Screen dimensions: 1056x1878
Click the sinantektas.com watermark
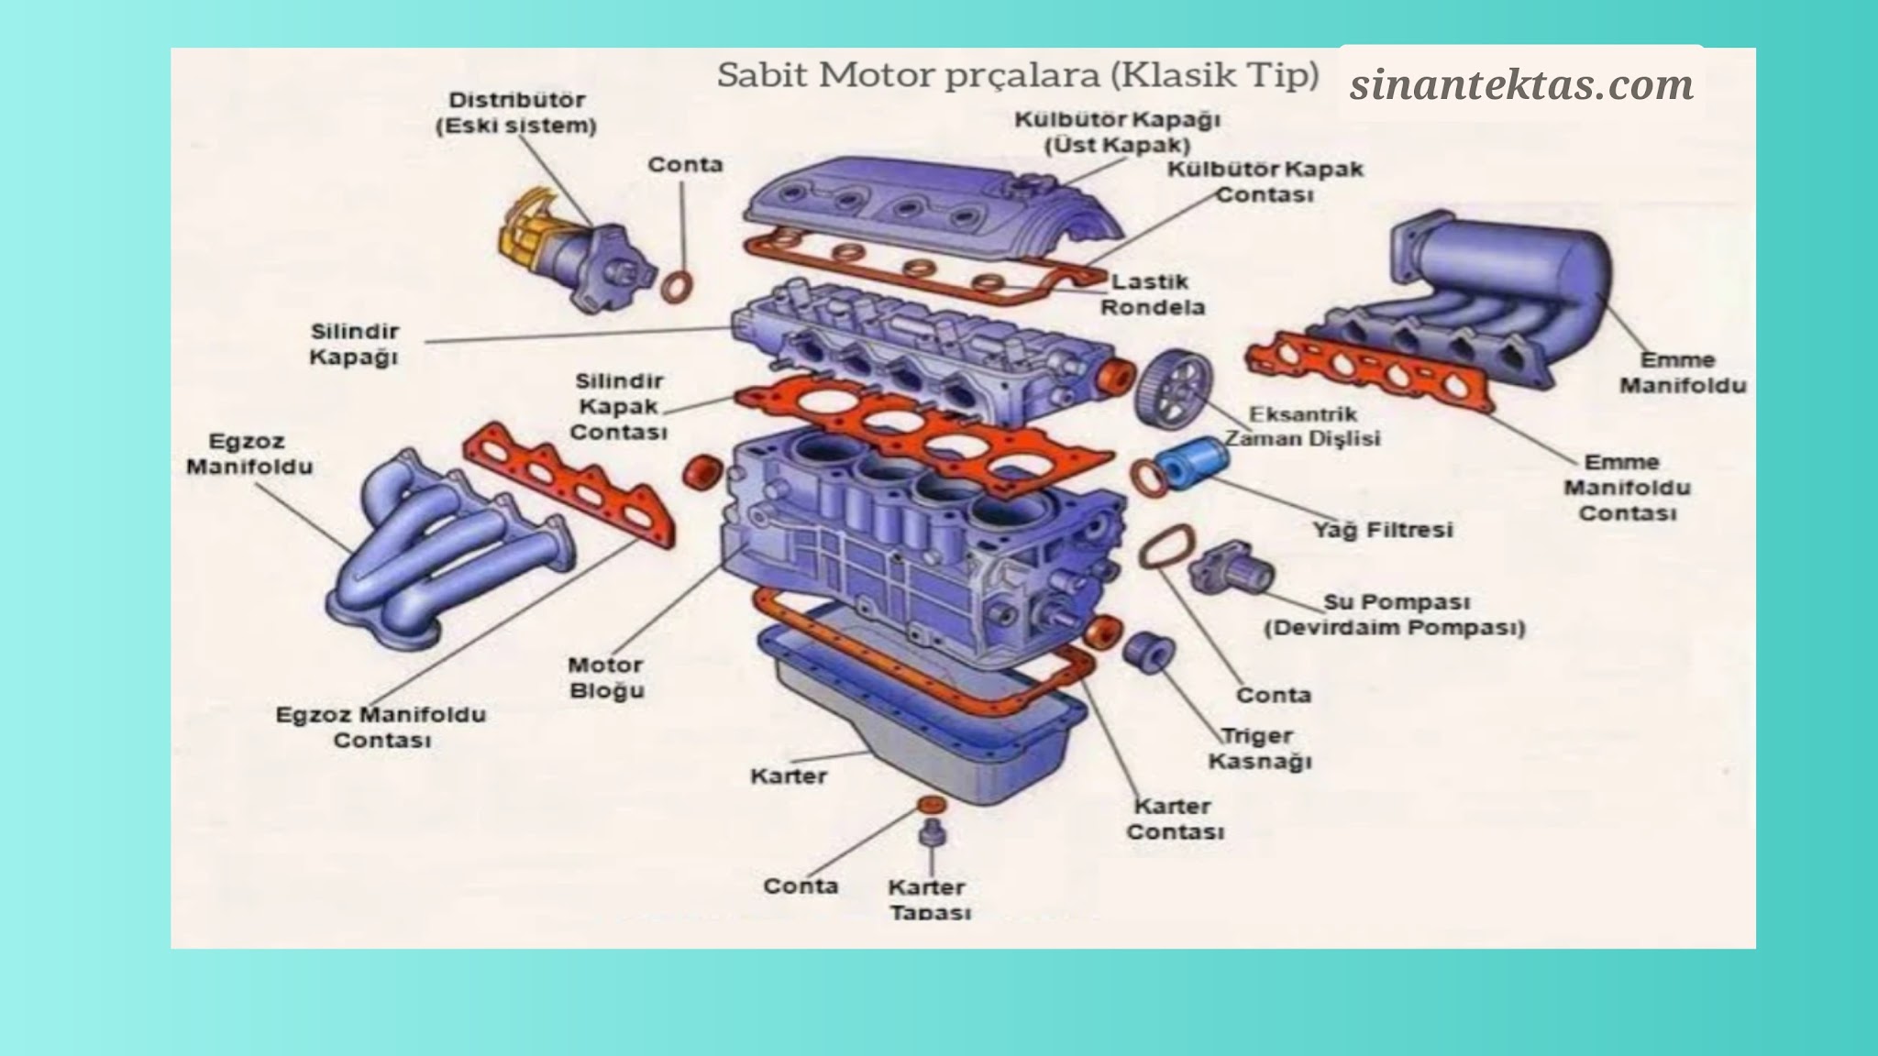pyautogui.click(x=1520, y=84)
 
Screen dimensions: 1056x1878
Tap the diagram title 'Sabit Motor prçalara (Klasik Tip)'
pyautogui.click(x=1017, y=75)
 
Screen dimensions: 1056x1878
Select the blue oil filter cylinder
pyautogui.click(x=1188, y=461)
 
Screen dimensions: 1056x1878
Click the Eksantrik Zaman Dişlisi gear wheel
pyautogui.click(x=1172, y=386)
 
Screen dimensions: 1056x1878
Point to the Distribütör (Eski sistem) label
pyautogui.click(x=516, y=113)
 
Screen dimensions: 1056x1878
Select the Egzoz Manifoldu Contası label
pyautogui.click(x=381, y=727)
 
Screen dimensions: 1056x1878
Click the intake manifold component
pyautogui.click(x=1486, y=284)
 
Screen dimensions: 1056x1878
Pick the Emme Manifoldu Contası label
pyautogui.click(x=1627, y=488)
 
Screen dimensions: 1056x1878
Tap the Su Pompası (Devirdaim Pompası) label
pyautogui.click(x=1395, y=615)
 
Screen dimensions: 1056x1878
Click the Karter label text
pyautogui.click(x=788, y=776)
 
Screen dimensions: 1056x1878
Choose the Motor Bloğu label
pyautogui.click(x=606, y=677)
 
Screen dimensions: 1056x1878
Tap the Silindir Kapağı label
pyautogui.click(x=354, y=344)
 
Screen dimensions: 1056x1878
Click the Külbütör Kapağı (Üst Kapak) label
pyautogui.click(x=1117, y=132)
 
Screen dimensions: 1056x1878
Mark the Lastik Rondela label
pyautogui.click(x=1152, y=294)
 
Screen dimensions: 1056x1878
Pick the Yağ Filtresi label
pyautogui.click(x=1382, y=530)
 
